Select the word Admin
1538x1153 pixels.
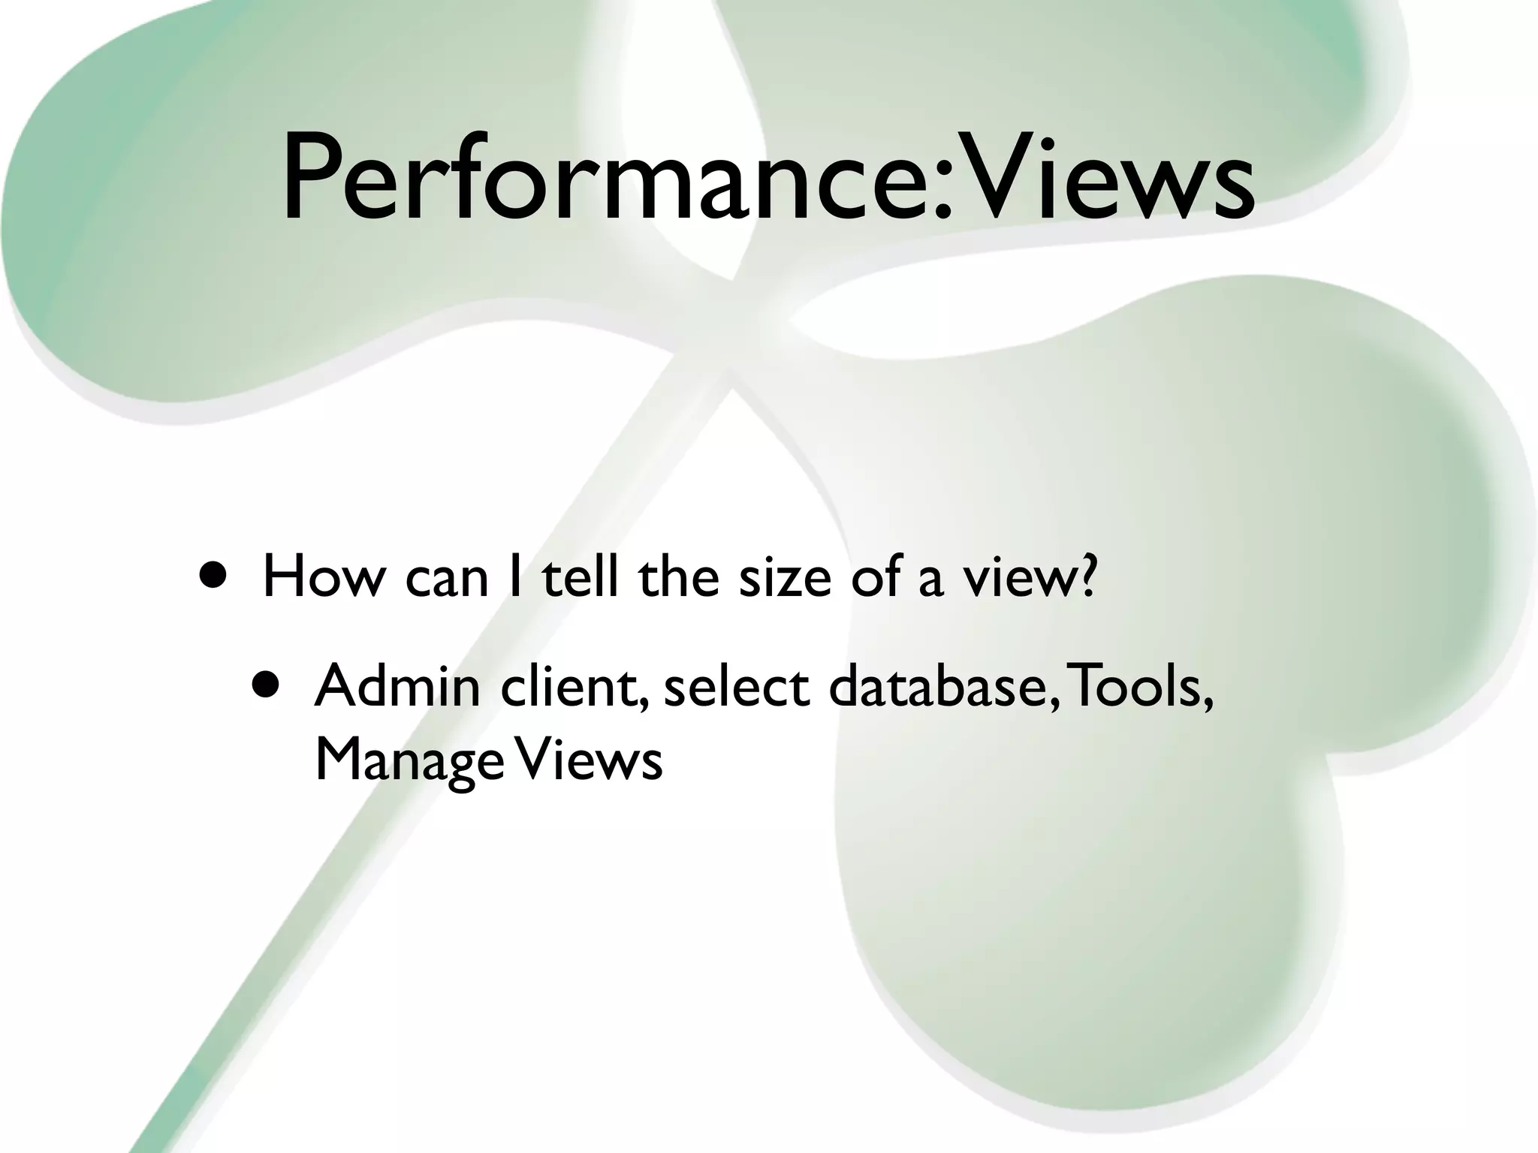pos(397,686)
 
